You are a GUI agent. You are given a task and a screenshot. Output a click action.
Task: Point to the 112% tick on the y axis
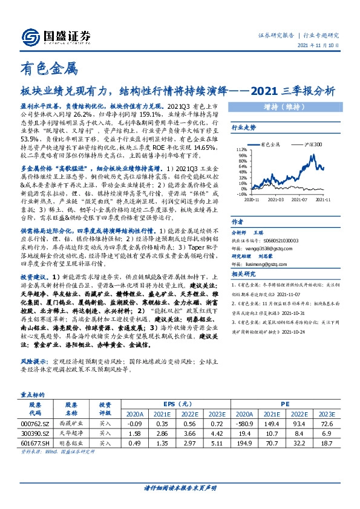pos(241,148)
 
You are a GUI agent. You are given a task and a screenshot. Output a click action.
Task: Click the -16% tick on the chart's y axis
pos(241,194)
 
